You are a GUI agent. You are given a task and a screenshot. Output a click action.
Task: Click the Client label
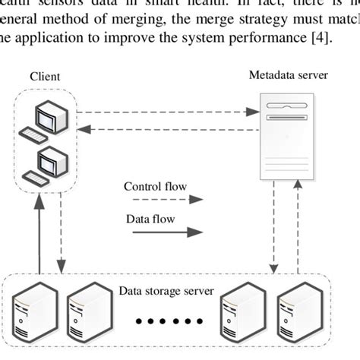click(45, 76)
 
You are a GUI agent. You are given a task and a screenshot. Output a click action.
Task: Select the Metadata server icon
click(286, 134)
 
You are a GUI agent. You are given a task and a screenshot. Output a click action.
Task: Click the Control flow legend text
click(155, 186)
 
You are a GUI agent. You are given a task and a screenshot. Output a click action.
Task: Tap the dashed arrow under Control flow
click(164, 201)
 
